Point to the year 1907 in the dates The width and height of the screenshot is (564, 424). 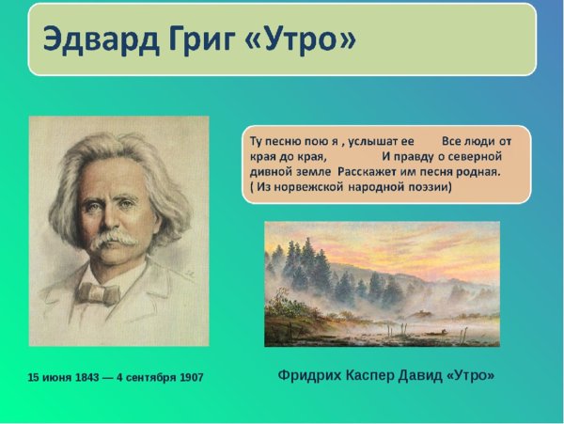point(188,377)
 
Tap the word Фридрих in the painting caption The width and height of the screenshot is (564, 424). point(310,374)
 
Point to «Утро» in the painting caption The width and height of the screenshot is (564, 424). point(471,374)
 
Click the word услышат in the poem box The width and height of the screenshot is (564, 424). point(374,140)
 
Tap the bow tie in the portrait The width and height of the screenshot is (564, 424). point(99,292)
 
